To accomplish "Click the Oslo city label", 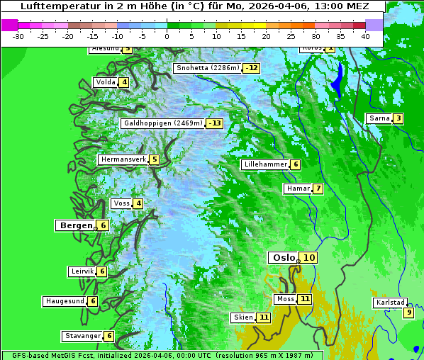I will coord(283,258).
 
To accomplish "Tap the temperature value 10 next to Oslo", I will coord(308,258).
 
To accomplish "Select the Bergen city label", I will coord(76,225).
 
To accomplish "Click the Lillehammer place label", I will coord(265,164).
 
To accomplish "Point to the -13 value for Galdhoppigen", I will coord(214,123).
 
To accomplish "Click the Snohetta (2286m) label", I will coord(208,68).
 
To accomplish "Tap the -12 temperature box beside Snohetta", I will coord(251,68).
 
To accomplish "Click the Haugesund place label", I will coord(65,301).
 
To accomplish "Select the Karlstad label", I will coord(391,303).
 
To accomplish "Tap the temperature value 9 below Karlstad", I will coord(408,313).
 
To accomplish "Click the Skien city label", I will coord(242,317).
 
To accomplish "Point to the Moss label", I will coord(285,299).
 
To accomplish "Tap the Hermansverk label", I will coord(123,159).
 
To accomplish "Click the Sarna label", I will coord(379,118).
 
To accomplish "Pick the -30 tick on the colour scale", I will coord(18,35).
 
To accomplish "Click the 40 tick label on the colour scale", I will coord(365,35).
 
